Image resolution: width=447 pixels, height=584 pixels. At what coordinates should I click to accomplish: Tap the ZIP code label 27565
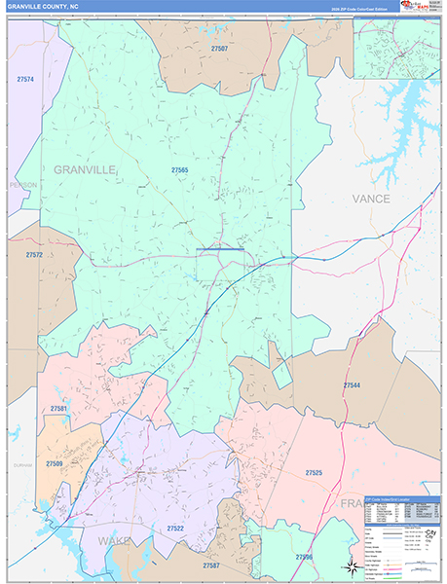[179, 170]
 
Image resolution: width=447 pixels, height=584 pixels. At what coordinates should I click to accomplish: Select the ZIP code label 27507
[219, 49]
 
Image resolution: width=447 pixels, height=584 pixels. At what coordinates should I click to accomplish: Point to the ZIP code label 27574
[25, 79]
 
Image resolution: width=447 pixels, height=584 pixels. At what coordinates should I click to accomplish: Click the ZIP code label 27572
[34, 255]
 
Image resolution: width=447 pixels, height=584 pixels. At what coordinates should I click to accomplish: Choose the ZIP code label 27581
[59, 409]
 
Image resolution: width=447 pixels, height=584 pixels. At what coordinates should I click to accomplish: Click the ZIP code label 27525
[314, 473]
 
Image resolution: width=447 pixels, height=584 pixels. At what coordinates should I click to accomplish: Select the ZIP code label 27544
[352, 385]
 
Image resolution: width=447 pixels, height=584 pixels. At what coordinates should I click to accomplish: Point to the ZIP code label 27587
[211, 565]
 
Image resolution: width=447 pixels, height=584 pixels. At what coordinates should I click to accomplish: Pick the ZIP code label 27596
[304, 557]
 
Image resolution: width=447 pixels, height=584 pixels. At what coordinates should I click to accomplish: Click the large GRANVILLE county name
[85, 169]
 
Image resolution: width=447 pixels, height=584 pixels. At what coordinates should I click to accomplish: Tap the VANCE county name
[371, 199]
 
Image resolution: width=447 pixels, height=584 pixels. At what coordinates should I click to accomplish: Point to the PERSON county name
[21, 185]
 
